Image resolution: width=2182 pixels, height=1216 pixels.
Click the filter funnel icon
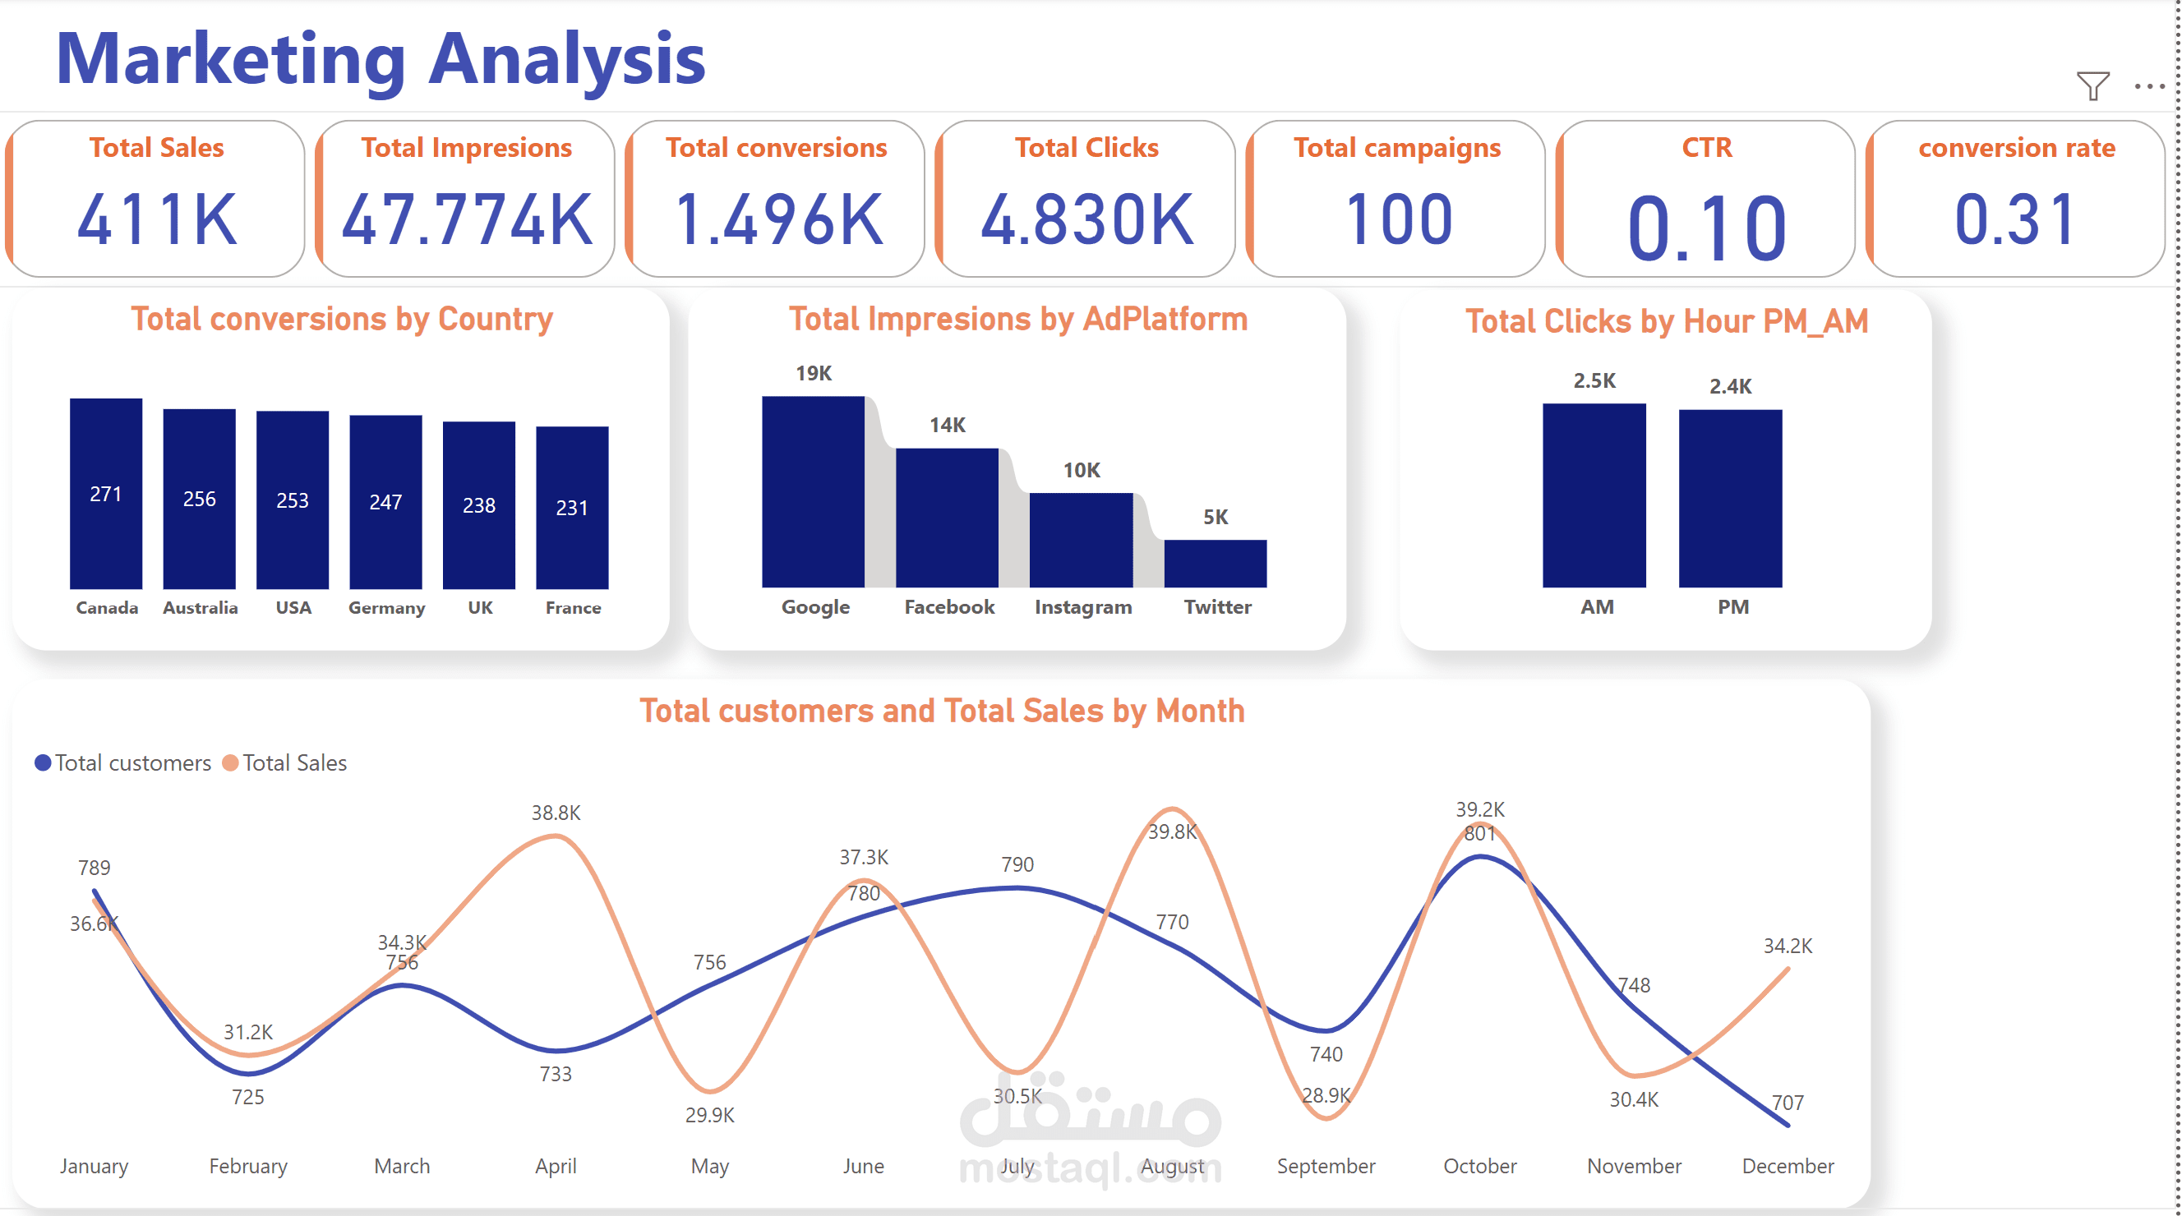pyautogui.click(x=2092, y=85)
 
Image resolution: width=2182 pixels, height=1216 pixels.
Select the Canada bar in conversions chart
pyautogui.click(x=106, y=493)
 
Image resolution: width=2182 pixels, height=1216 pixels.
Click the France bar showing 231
pyautogui.click(x=572, y=507)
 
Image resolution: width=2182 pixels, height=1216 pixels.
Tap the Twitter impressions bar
pyautogui.click(x=1216, y=563)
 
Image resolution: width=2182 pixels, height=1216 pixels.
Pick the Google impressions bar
pyautogui.click(x=813, y=491)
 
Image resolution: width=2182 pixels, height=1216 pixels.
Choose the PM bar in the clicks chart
pyautogui.click(x=1731, y=498)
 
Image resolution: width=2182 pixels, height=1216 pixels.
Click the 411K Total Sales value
pyautogui.click(x=157, y=219)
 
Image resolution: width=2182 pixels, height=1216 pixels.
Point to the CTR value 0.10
pyautogui.click(x=1707, y=227)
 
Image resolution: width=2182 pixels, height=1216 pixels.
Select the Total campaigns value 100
pyautogui.click(x=1398, y=219)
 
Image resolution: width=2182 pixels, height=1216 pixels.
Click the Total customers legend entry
pyautogui.click(x=122, y=763)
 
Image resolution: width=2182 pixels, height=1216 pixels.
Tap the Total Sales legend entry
pyautogui.click(x=284, y=763)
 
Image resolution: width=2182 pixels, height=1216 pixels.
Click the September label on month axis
pyautogui.click(x=1326, y=1166)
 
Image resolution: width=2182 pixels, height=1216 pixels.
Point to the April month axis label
pyautogui.click(x=556, y=1166)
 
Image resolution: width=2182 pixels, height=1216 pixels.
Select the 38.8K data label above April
pyautogui.click(x=556, y=813)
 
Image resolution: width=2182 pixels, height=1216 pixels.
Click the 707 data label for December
pyautogui.click(x=1788, y=1103)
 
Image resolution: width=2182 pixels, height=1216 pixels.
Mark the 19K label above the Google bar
pyautogui.click(x=813, y=374)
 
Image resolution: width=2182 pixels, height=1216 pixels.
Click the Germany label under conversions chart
pyautogui.click(x=386, y=608)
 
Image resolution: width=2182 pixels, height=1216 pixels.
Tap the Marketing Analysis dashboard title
pyautogui.click(x=381, y=59)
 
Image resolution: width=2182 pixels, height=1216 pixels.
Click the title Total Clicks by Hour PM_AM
pyautogui.click(x=1666, y=322)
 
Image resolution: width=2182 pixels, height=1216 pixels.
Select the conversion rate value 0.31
pyautogui.click(x=2016, y=219)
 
